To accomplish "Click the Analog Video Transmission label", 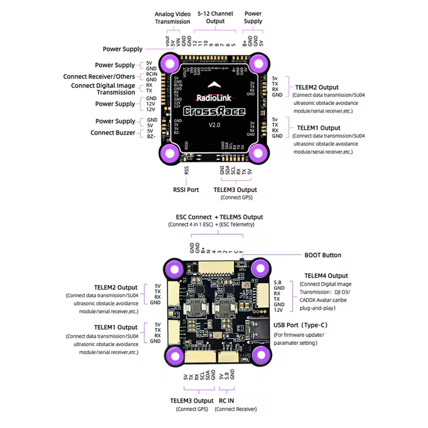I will (x=172, y=18).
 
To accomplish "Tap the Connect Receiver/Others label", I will (x=99, y=77).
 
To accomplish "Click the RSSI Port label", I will (x=186, y=189).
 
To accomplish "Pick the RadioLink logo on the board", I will (x=213, y=98).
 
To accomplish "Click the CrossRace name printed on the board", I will (x=213, y=111).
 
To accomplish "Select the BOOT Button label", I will (x=323, y=255).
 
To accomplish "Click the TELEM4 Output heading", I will (x=325, y=276).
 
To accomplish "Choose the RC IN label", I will (x=226, y=400).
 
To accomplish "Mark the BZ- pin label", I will (x=151, y=137).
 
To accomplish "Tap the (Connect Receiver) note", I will (x=235, y=409).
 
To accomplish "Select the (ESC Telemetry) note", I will (x=236, y=225).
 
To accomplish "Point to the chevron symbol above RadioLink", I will (x=213, y=83).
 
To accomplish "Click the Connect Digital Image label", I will (x=103, y=86).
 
